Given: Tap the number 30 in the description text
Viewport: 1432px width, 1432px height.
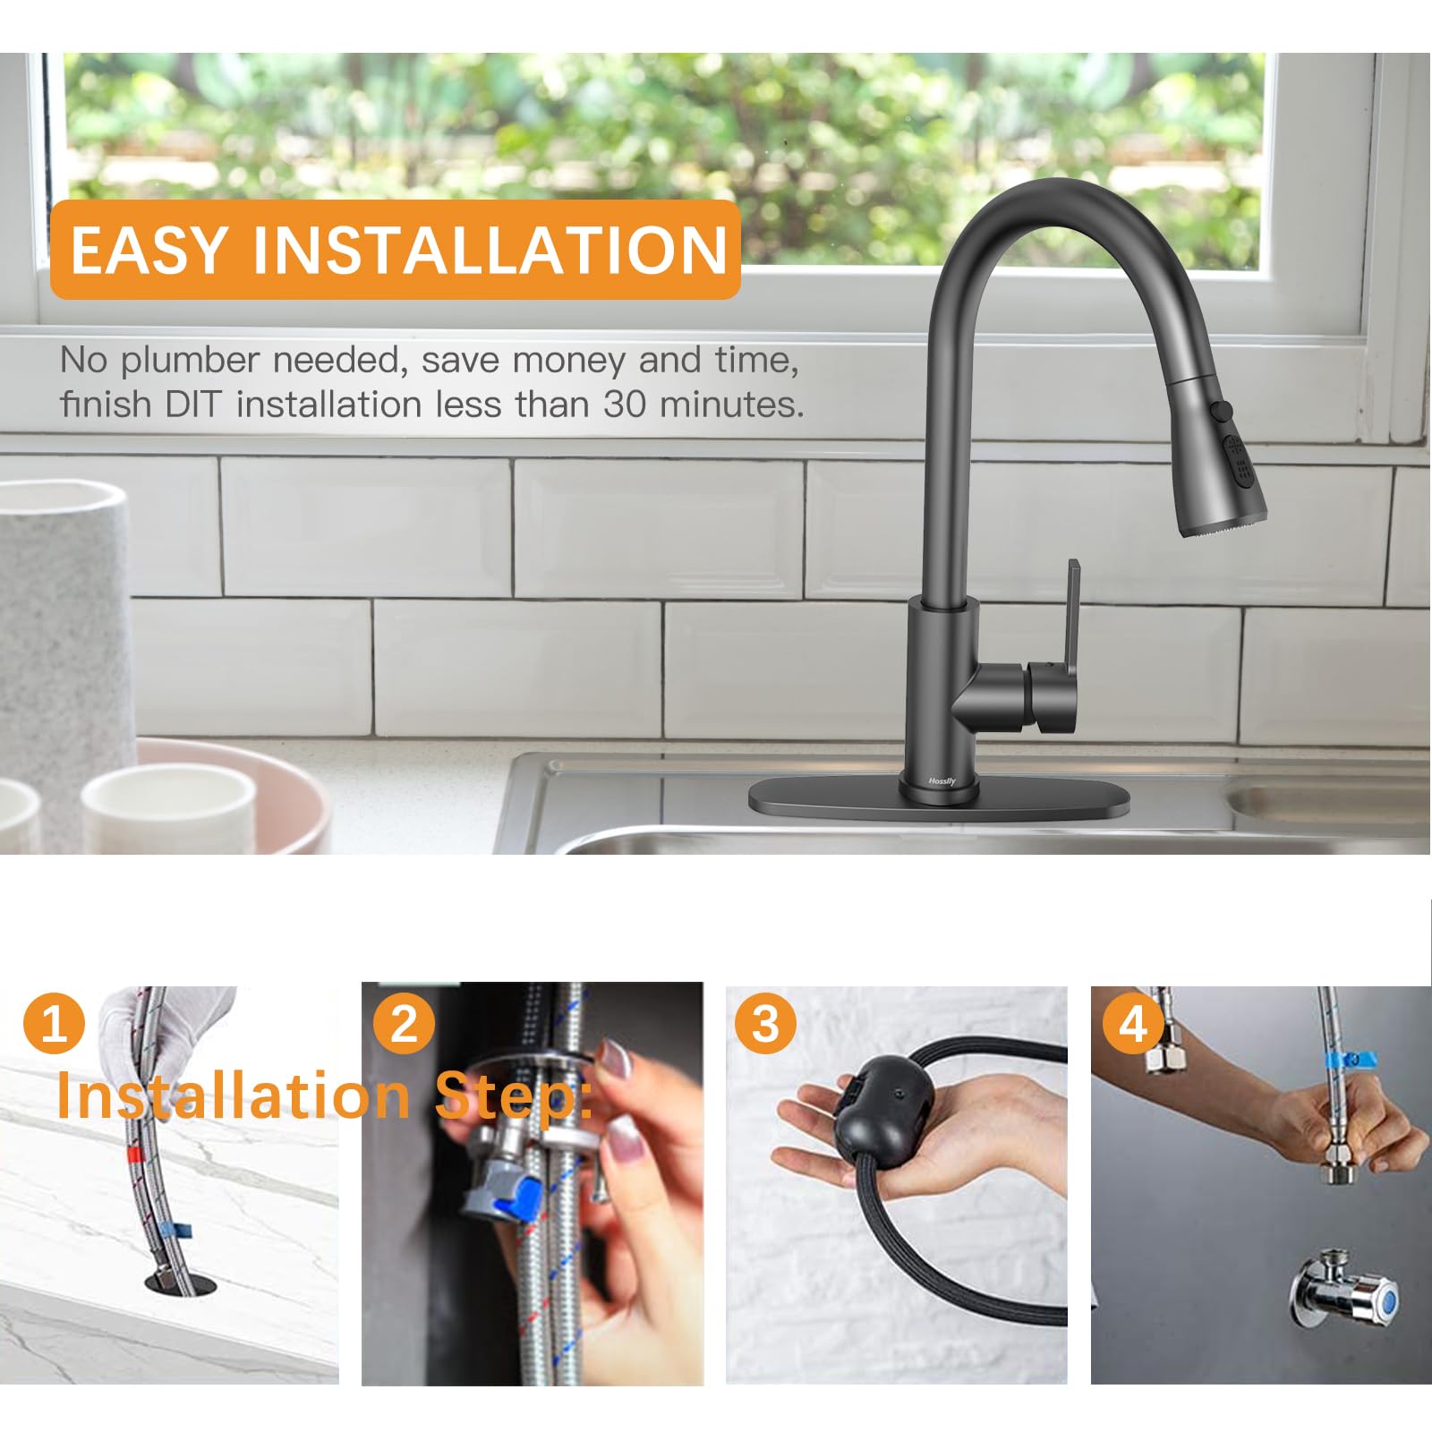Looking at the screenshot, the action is pyautogui.click(x=625, y=405).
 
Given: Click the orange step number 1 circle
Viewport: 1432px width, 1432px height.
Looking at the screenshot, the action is pyautogui.click(x=54, y=1023).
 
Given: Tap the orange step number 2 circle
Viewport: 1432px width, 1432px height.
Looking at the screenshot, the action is pyautogui.click(x=405, y=1023).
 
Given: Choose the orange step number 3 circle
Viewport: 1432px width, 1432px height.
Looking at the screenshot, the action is pyautogui.click(x=766, y=1023).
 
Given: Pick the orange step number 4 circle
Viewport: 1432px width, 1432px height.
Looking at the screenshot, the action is pyautogui.click(x=1133, y=1023).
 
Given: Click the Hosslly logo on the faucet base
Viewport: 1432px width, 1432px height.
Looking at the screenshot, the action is pyautogui.click(x=942, y=781).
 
